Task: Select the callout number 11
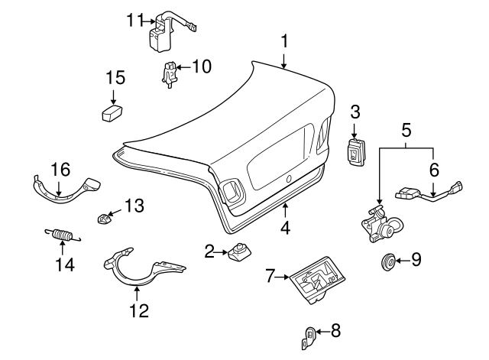[x=135, y=21]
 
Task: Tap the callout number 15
[x=114, y=77]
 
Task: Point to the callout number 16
[x=59, y=169]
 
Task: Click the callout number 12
[x=139, y=310]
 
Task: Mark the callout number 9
[x=416, y=260]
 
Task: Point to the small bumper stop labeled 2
[x=239, y=251]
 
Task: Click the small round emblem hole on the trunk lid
[x=290, y=178]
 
